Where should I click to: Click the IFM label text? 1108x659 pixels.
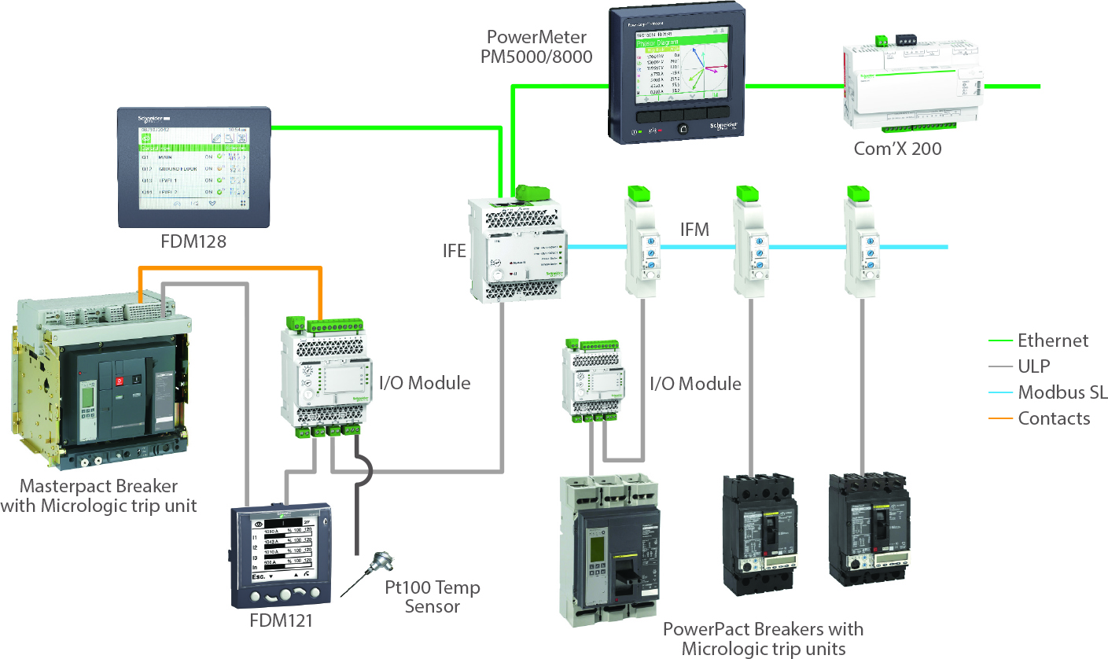(694, 230)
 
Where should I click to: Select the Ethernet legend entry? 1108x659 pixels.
(1052, 341)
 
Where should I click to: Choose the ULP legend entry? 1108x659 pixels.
(1033, 366)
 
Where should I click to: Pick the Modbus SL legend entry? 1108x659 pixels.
(1062, 392)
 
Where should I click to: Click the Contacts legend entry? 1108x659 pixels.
(1054, 418)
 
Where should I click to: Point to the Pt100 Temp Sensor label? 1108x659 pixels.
(432, 597)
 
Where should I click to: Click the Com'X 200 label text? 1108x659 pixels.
(897, 148)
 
